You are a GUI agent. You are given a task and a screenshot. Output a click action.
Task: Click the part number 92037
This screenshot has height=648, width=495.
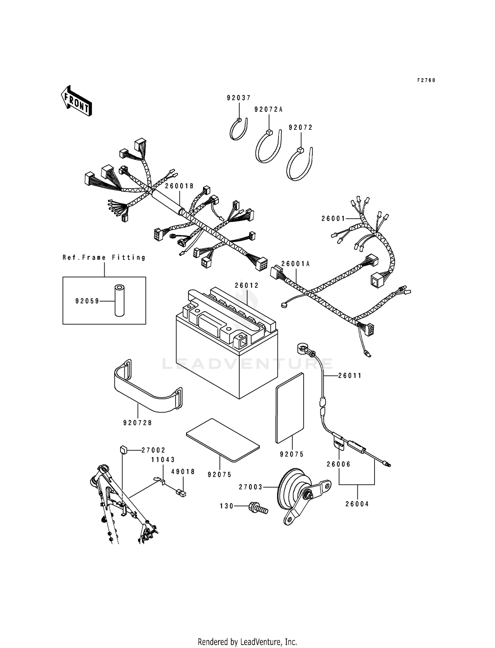(239, 98)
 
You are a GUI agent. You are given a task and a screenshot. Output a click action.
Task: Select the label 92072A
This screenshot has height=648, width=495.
(268, 109)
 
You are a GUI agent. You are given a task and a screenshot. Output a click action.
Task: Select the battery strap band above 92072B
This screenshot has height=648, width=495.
(148, 390)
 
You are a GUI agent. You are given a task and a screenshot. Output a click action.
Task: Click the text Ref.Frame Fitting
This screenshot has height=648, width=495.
(104, 257)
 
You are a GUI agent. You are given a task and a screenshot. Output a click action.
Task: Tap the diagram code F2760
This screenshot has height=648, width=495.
(426, 80)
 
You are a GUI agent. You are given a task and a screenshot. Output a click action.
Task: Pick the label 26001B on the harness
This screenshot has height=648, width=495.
(179, 186)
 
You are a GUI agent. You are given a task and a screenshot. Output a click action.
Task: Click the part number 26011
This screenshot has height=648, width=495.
(350, 376)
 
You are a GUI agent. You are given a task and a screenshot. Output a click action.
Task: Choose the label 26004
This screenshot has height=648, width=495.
(357, 504)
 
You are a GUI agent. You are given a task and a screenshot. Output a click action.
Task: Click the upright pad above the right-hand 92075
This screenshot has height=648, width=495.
(290, 408)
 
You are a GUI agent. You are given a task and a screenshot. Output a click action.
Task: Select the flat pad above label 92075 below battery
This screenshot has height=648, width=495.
(223, 440)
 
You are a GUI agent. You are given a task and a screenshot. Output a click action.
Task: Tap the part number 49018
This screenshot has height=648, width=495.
(183, 472)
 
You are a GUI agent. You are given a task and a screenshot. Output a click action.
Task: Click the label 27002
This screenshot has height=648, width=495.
(153, 450)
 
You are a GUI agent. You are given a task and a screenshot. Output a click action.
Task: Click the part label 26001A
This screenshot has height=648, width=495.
(295, 264)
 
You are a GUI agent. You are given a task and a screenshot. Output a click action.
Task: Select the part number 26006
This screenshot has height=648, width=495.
(339, 464)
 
